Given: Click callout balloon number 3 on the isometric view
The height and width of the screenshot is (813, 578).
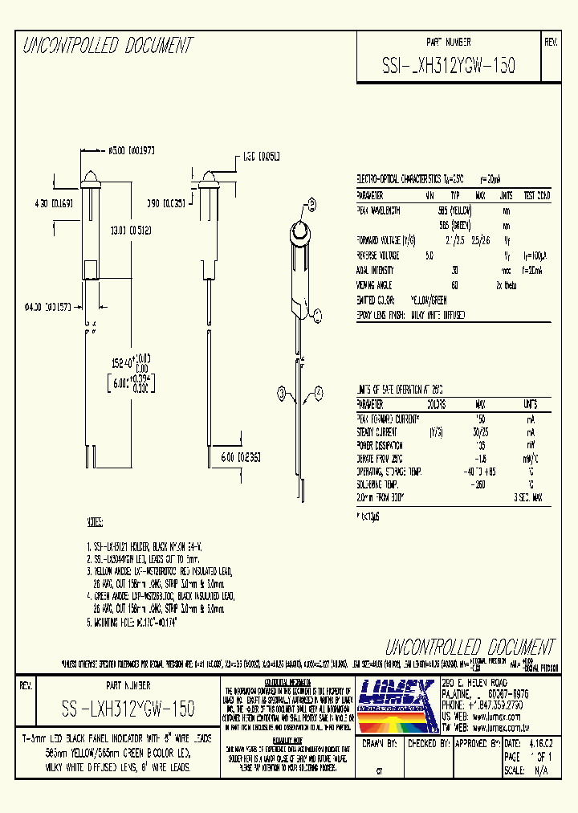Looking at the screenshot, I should (282, 391).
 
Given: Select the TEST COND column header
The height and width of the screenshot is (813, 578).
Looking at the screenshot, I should (536, 195).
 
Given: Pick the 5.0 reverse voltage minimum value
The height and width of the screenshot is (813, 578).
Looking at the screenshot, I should (429, 255).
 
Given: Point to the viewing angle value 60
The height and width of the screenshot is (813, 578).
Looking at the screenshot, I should (454, 285).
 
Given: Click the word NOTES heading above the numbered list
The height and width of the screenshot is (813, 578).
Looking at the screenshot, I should (96, 522).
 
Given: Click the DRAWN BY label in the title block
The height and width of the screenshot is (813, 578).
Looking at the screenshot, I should (381, 744).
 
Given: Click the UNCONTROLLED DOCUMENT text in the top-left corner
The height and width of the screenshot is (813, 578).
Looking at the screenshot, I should (108, 45).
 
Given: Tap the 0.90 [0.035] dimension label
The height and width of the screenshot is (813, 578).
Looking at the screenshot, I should (165, 204).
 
